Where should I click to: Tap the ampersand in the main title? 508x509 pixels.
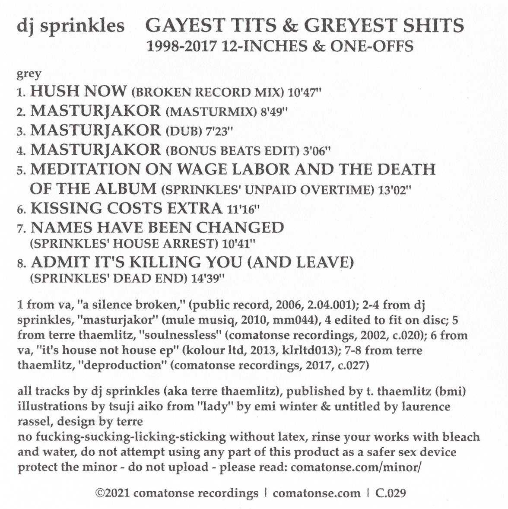(289, 26)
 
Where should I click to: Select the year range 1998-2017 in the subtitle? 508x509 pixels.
(181, 46)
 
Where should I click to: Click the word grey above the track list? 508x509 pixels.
(29, 74)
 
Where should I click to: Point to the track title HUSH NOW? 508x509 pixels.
(79, 91)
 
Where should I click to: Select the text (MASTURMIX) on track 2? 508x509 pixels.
(211, 112)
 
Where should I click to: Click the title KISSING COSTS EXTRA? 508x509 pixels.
(126, 209)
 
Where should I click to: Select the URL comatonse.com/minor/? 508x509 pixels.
(356, 467)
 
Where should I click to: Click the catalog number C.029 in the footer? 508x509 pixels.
(390, 493)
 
